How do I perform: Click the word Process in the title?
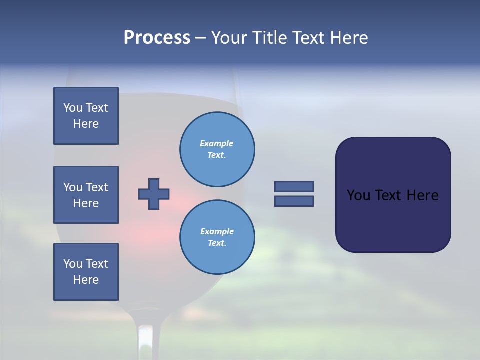157,38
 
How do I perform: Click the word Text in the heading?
307,38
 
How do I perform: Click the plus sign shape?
154,194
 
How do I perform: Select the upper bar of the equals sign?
294,186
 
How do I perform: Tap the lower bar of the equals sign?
294,201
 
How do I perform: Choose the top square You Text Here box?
86,116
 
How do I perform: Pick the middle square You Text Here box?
86,195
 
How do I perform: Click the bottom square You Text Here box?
86,272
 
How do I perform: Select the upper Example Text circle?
217,149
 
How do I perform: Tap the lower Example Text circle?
217,237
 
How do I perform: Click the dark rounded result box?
393,194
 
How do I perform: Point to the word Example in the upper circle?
217,143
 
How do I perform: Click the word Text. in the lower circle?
217,243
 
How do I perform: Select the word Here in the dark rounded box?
422,195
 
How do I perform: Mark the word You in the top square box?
73,108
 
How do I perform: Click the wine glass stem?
145,340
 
